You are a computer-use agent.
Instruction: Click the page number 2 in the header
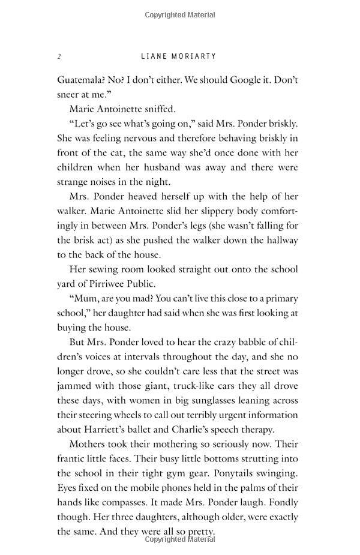coord(59,56)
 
